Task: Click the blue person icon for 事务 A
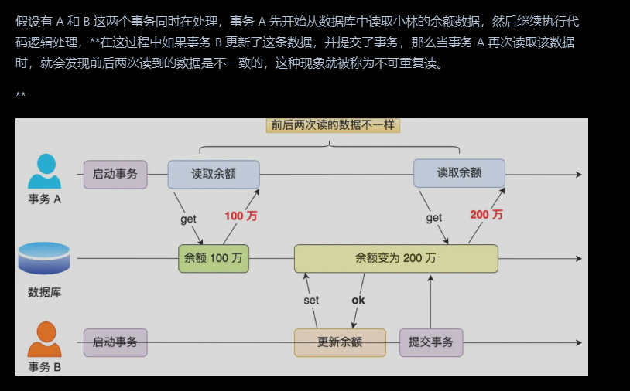tap(44, 171)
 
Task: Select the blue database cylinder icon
tap(44, 258)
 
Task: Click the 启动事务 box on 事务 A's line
tap(115, 174)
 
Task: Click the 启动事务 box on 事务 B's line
tap(115, 342)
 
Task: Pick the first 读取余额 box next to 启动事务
tap(214, 174)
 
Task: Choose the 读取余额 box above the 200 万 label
tap(459, 173)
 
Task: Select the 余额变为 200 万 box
tap(395, 258)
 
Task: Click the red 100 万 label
tap(241, 216)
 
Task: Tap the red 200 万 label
tap(486, 214)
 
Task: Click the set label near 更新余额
tap(311, 300)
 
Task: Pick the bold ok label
tap(358, 300)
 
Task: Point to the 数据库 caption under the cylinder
tap(44, 292)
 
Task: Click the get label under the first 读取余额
tap(188, 219)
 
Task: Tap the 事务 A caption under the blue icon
tap(44, 199)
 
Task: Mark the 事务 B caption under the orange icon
tap(44, 366)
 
